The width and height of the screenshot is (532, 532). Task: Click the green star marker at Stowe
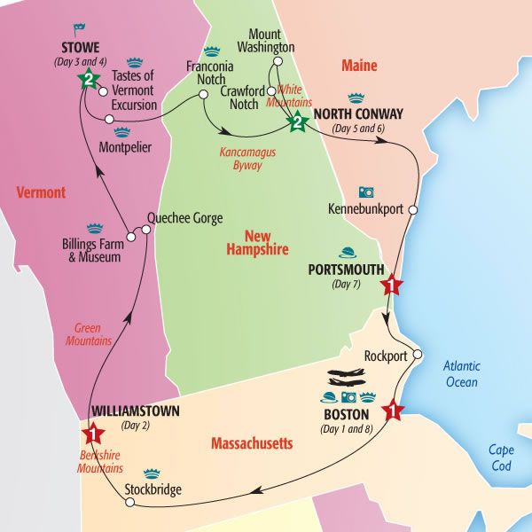[x=88, y=80]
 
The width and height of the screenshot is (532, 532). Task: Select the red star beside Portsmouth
[x=391, y=286]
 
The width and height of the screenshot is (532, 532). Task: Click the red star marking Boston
[x=393, y=411]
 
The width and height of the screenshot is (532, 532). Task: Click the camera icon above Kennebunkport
[x=365, y=192]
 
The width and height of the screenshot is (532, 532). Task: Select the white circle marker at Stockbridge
[x=129, y=503]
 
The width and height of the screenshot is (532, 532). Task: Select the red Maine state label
[x=359, y=66]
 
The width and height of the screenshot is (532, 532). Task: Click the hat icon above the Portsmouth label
[x=348, y=252]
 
